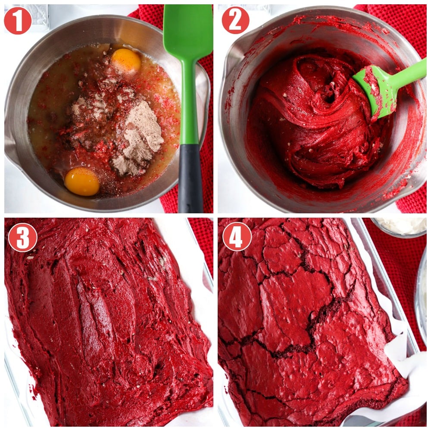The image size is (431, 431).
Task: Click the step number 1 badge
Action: tap(18, 20)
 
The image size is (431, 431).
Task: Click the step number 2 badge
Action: tap(235, 20)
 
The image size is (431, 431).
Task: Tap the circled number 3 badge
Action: tap(22, 237)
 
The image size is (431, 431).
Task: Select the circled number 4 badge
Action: tap(237, 236)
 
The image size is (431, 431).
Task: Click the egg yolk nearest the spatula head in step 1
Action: tap(126, 60)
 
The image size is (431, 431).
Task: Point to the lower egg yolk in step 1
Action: tap(82, 181)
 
